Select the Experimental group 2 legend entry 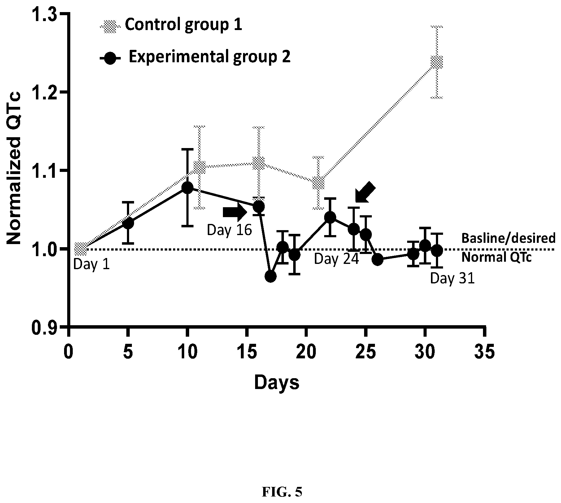[x=195, y=57]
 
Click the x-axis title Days [x=276, y=382]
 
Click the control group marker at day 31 [x=437, y=62]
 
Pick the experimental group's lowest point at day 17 [x=270, y=276]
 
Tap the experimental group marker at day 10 [x=187, y=188]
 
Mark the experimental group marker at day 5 [x=128, y=223]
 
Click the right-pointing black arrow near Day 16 [x=235, y=212]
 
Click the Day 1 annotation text [x=91, y=265]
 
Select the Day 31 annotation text [x=452, y=279]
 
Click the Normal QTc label [x=496, y=257]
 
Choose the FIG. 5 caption [x=282, y=483]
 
